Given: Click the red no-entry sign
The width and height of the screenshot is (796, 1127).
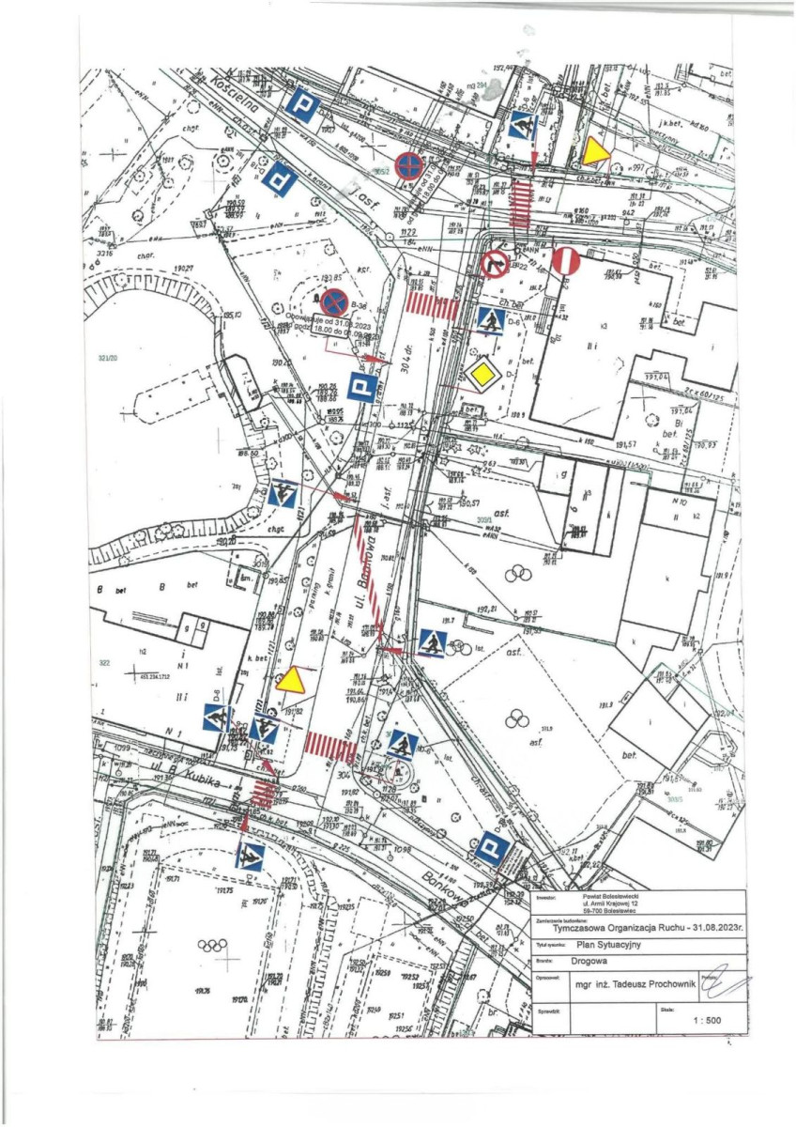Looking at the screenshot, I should [567, 260].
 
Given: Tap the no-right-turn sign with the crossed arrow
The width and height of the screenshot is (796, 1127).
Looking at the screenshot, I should [495, 265].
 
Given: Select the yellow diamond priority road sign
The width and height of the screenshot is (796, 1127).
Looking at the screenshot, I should [482, 376].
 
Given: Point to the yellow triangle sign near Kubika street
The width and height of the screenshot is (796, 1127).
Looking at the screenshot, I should [292, 680].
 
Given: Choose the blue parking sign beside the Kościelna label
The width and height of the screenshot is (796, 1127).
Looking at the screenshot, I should [301, 107].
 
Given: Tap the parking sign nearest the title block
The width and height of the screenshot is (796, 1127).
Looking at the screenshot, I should [492, 850].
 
